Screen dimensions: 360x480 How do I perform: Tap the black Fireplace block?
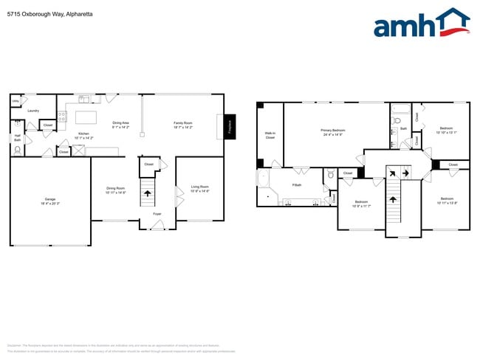[229, 125]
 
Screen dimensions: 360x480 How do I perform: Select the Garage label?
[50, 201]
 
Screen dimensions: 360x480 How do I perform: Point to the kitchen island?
[87, 117]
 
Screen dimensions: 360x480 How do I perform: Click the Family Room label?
[182, 124]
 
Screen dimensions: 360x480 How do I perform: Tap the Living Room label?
[199, 188]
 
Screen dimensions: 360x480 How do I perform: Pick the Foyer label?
[157, 214]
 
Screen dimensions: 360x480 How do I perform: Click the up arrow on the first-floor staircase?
[147, 193]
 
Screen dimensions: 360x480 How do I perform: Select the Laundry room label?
[33, 111]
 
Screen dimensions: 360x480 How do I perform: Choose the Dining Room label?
[116, 190]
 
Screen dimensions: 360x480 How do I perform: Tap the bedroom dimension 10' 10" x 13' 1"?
[447, 132]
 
